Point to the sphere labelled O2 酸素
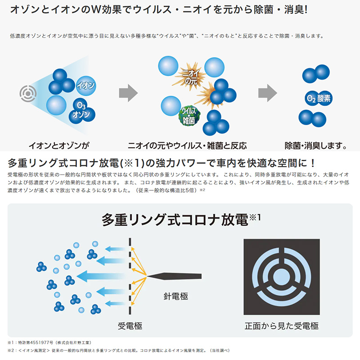coord(318,98)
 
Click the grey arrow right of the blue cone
coord(128,93)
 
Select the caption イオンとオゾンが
coord(59,145)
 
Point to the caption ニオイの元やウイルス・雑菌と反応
coord(187,145)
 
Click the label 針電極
coord(175,296)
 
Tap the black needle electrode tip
coord(151,276)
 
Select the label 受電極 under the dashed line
coord(130,326)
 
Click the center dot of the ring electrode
coord(282,277)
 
